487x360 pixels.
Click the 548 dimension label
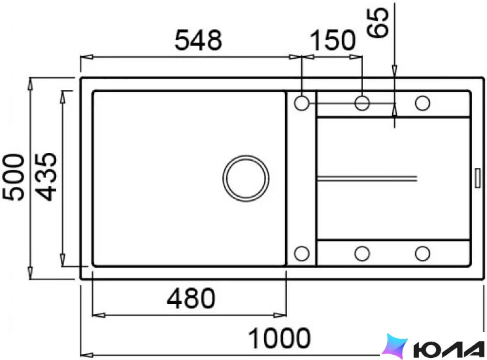pos(198,40)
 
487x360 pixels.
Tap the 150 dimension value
pos(332,40)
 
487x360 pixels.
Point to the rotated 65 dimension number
pos(377,23)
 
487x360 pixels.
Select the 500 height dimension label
pos(14,177)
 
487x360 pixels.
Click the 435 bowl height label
pos(46,177)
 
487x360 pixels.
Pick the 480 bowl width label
pos(191,298)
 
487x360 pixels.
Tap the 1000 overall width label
pos(279,338)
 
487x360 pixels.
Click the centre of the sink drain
pos(246,178)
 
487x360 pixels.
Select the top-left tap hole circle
pos(301,103)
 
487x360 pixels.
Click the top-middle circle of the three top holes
pos(362,103)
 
